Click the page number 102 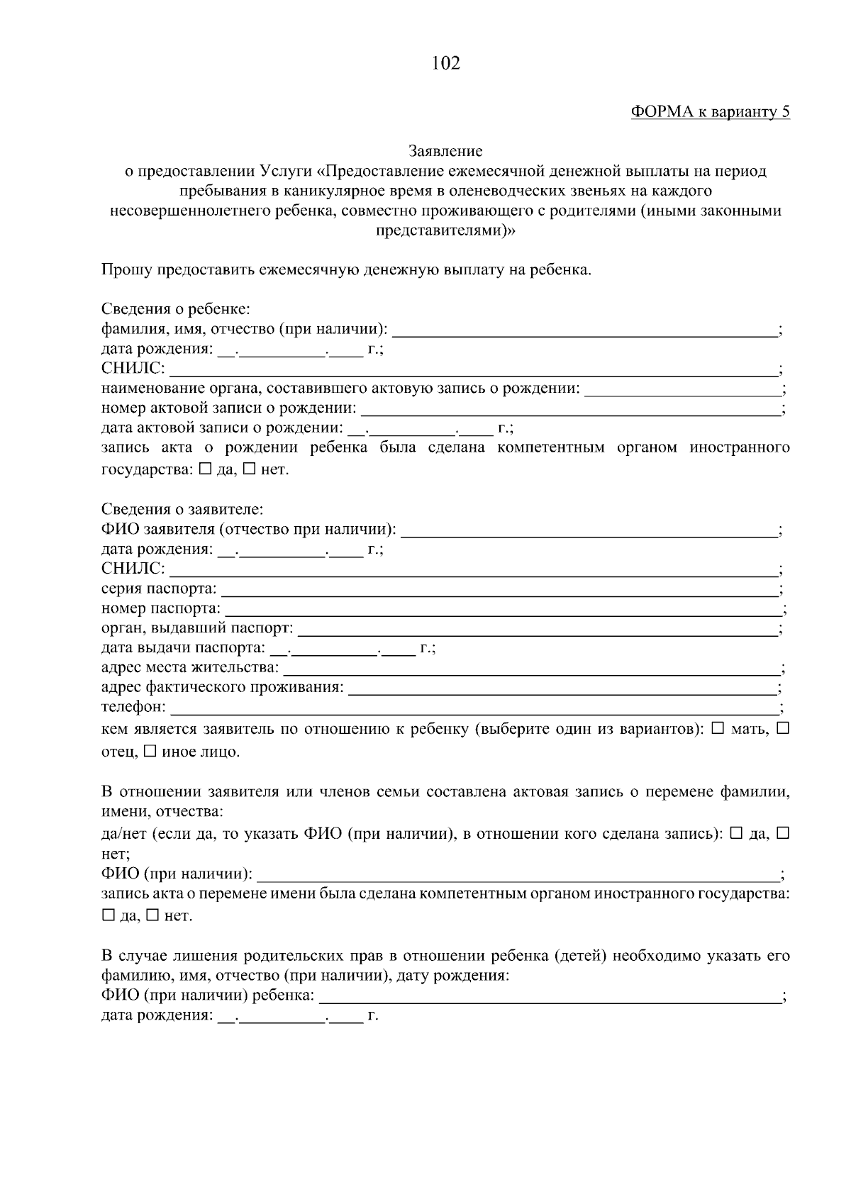(x=445, y=64)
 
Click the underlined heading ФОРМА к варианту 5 (x=710, y=112)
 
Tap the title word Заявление (x=445, y=151)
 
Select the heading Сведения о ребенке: (x=175, y=309)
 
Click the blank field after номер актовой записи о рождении (x=569, y=408)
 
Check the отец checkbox (x=783, y=728)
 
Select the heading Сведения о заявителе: (x=182, y=509)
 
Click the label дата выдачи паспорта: (x=183, y=648)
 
